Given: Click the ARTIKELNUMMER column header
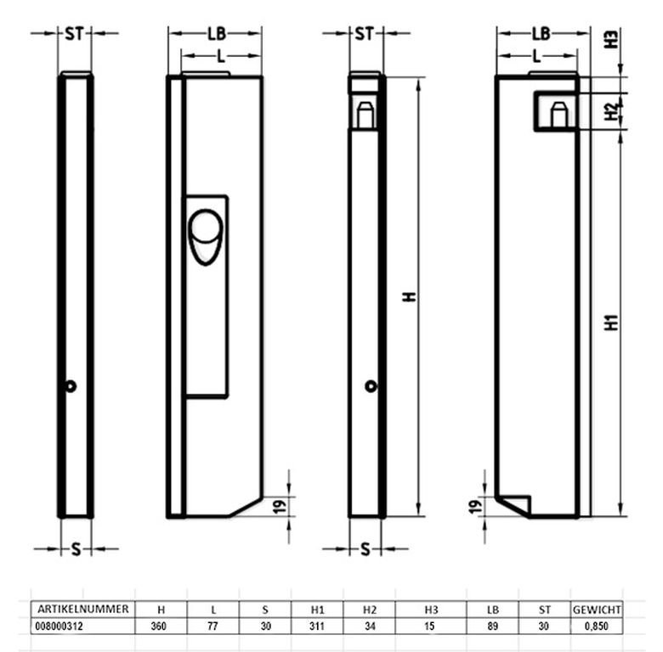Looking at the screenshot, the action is tap(83, 609).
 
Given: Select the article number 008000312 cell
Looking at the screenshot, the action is tap(59, 627).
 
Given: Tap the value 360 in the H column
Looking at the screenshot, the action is tap(159, 627).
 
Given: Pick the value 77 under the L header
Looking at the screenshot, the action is tap(212, 627).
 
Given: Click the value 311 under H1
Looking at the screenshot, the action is tap(317, 627).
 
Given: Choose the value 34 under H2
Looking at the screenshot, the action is tap(370, 627).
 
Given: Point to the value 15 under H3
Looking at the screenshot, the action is tap(429, 627).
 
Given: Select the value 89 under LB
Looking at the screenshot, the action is tap(493, 627).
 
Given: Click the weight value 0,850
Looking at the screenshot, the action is tap(596, 627).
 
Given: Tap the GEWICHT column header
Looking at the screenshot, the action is tap(597, 610).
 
